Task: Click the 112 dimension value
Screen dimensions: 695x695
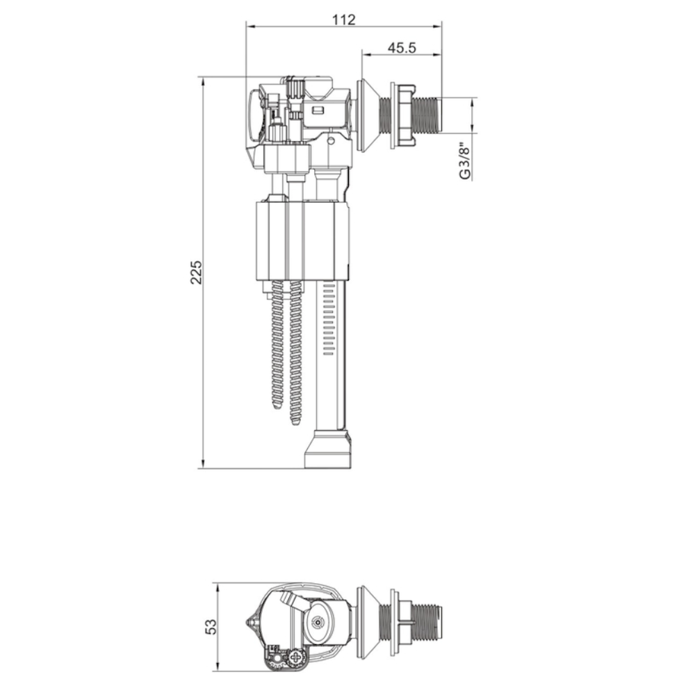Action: click(344, 19)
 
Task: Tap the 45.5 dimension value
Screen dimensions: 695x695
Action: click(402, 47)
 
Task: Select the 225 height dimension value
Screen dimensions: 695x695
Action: click(196, 272)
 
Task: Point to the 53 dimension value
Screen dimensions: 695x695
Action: click(212, 626)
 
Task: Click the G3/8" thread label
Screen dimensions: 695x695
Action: click(464, 161)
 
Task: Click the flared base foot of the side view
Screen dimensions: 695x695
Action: click(329, 448)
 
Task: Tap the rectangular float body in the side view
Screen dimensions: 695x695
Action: click(302, 240)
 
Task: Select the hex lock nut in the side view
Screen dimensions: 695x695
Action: click(402, 115)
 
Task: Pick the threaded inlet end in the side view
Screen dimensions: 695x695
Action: click(427, 115)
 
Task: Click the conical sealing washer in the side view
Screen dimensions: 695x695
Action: click(367, 115)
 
